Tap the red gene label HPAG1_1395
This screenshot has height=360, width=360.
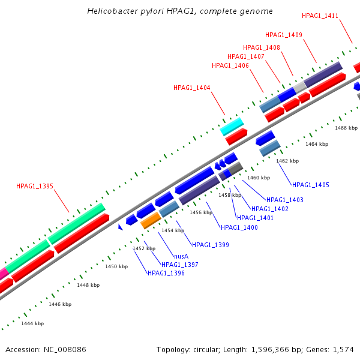tap(35, 186)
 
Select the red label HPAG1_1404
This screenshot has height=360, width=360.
tap(192, 88)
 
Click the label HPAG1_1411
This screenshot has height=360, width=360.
tap(320, 16)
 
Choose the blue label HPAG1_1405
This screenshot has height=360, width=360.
tap(311, 185)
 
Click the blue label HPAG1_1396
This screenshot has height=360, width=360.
tap(166, 273)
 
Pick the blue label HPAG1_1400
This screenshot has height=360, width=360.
tap(239, 227)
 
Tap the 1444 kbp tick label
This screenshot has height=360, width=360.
tap(32, 323)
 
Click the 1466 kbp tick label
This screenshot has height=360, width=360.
tap(346, 128)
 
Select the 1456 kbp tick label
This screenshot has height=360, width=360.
tap(201, 212)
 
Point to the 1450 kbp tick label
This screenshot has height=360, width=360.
tap(116, 266)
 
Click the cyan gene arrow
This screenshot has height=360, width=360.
tap(232, 126)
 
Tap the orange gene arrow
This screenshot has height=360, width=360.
tap(150, 220)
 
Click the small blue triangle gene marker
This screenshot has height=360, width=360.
tap(120, 227)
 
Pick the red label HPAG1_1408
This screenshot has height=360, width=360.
tap(262, 47)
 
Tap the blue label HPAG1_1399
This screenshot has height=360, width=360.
tap(210, 245)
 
